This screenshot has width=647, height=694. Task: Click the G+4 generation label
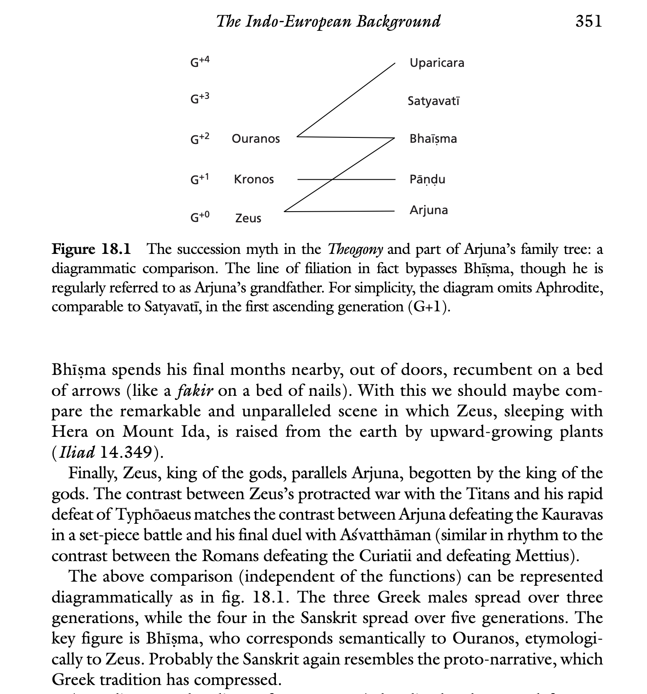point(200,62)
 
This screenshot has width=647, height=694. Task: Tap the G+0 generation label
point(200,217)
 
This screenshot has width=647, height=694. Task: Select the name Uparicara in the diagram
point(437,63)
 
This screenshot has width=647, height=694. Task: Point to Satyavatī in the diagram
point(434,100)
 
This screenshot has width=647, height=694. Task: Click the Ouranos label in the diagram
point(256,139)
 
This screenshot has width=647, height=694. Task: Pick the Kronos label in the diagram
point(254,179)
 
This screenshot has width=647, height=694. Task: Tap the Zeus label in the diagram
point(248,218)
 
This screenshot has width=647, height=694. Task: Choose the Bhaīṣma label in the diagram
point(433,139)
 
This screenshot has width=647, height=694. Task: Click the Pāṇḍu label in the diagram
point(427,179)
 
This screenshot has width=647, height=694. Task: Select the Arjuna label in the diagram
point(429,210)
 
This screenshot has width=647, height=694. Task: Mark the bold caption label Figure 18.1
point(91,249)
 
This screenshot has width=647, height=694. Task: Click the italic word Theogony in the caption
point(355,249)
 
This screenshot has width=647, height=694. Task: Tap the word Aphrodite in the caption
point(569,288)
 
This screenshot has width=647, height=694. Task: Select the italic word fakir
point(195,390)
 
